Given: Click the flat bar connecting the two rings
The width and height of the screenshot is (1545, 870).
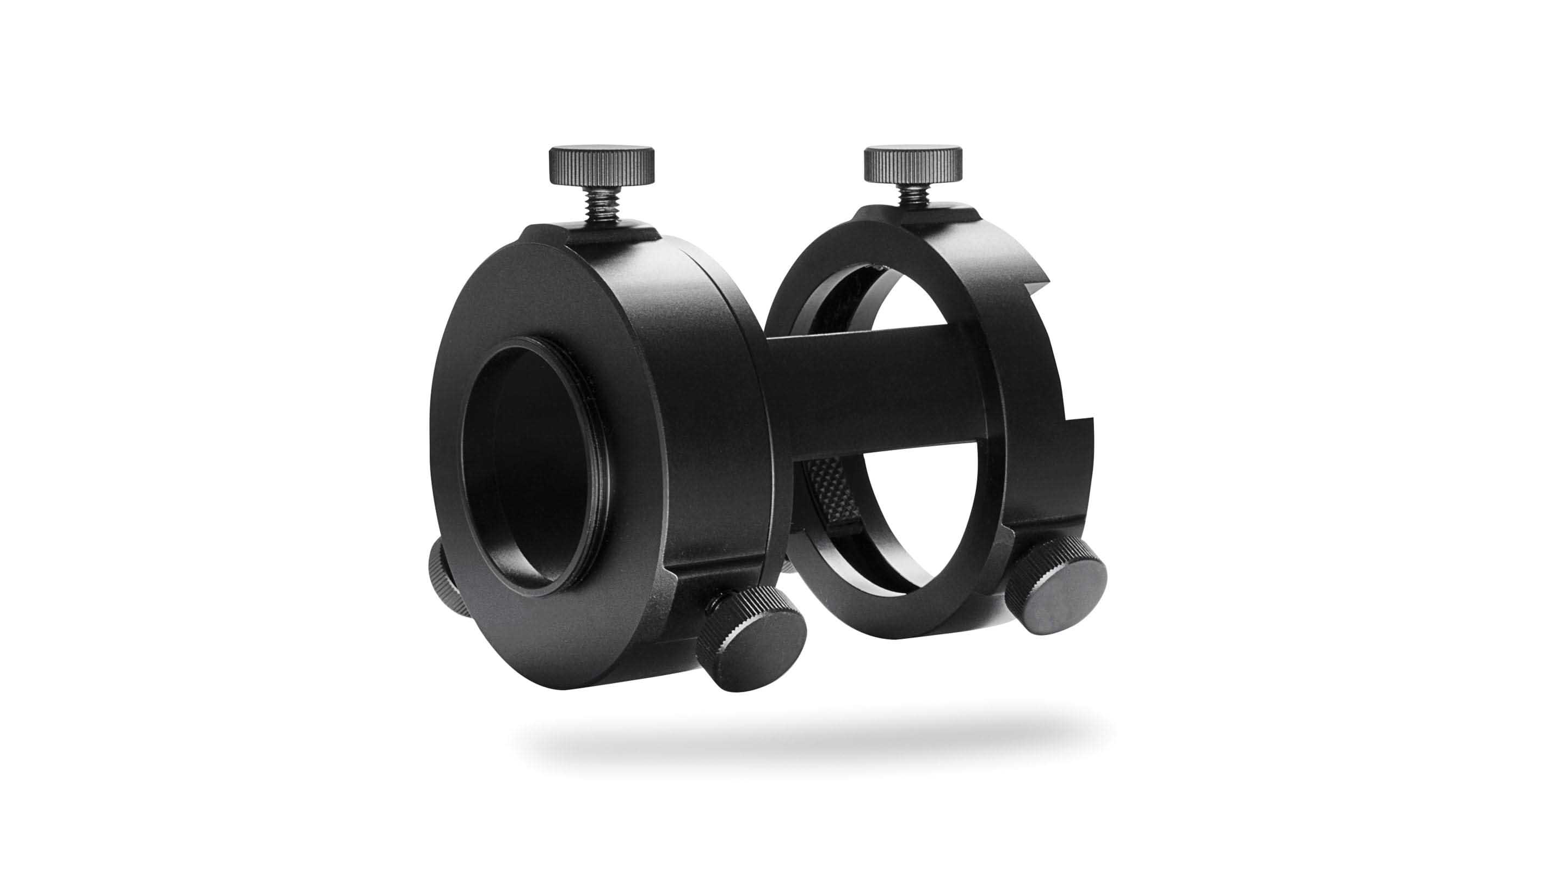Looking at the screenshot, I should pyautogui.click(x=870, y=390).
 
